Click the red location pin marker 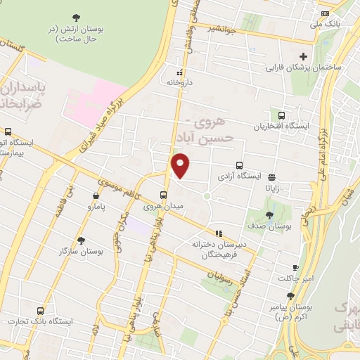[181, 165]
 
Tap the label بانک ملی [326, 24]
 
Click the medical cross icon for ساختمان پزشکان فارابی [303, 56]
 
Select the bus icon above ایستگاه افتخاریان [282, 115]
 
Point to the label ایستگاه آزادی [240, 175]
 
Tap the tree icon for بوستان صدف [270, 214]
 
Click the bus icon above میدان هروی [163, 195]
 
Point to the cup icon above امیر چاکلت [295, 267]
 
